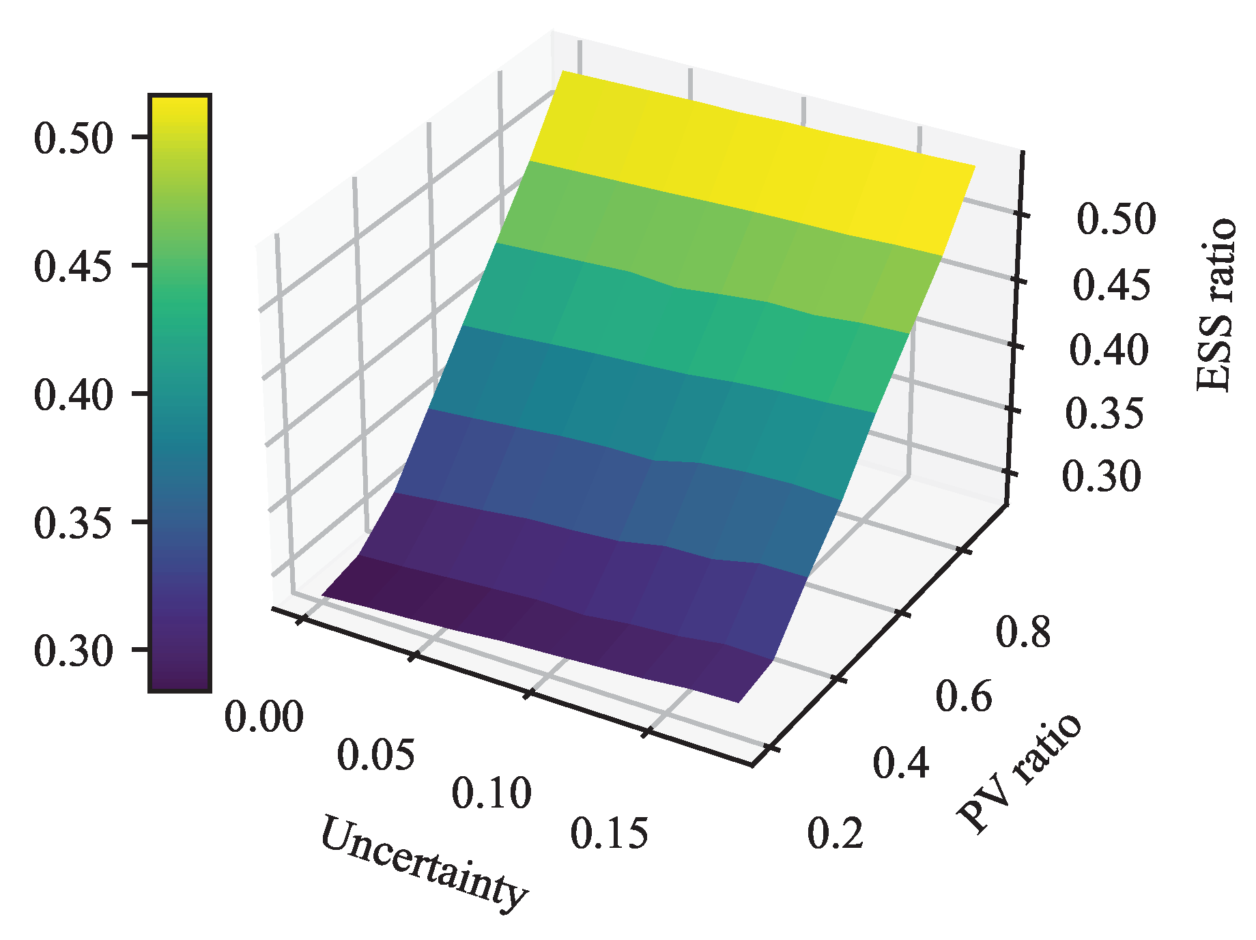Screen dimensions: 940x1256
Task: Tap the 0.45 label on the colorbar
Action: pyautogui.click(x=72, y=266)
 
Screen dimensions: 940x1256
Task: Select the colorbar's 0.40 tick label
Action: pyautogui.click(x=72, y=395)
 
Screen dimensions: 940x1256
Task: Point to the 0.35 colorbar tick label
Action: pyautogui.click(x=72, y=523)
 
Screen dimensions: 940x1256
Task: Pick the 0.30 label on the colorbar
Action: pyautogui.click(x=72, y=651)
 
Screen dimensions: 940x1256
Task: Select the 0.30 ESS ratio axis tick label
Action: pyautogui.click(x=1101, y=476)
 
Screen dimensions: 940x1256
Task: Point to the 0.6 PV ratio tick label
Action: pyautogui.click(x=963, y=696)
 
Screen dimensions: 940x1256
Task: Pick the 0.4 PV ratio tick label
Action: pyautogui.click(x=901, y=763)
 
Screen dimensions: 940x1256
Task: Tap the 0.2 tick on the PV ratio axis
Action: pyautogui.click(x=836, y=833)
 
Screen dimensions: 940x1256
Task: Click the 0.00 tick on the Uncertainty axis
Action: pyautogui.click(x=263, y=717)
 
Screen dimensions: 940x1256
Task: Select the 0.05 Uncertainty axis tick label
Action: pyautogui.click(x=376, y=755)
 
